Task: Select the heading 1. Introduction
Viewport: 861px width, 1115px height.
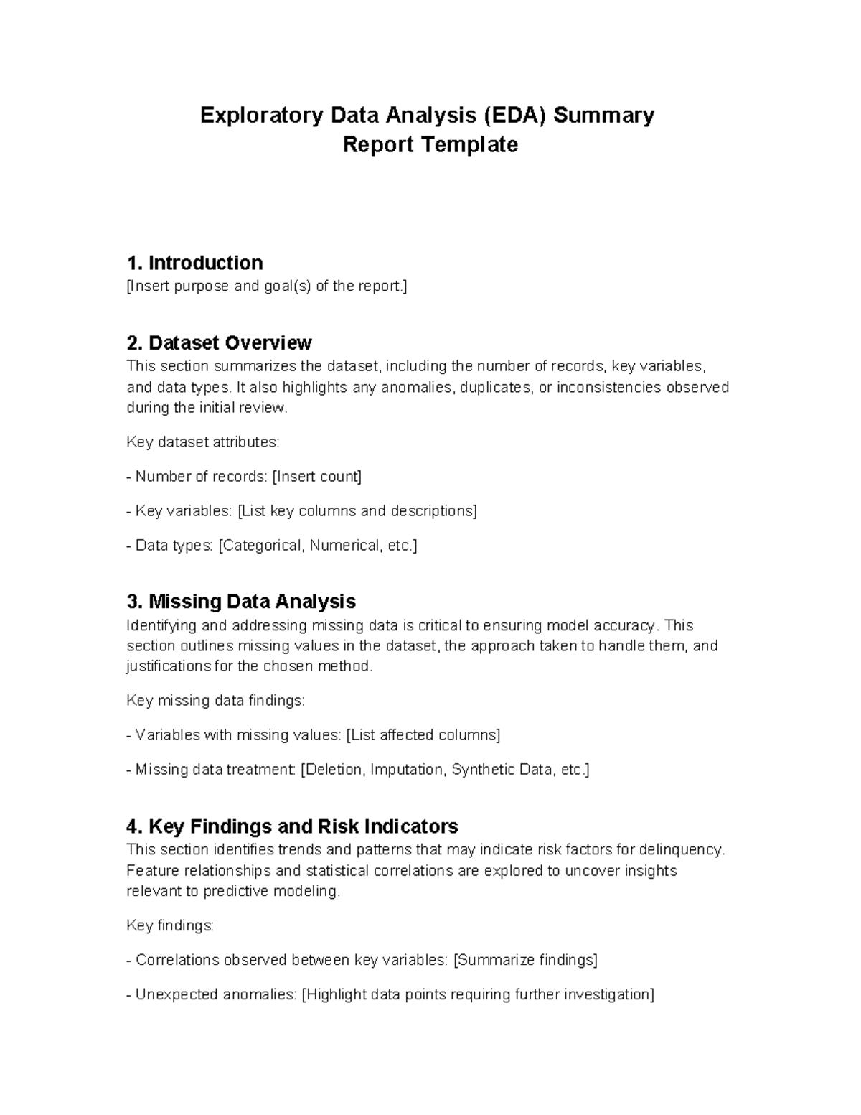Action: [194, 262]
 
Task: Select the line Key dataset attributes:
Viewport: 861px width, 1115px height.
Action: [202, 442]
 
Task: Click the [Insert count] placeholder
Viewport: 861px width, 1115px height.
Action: [317, 477]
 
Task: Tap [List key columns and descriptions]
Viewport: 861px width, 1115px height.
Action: [357, 511]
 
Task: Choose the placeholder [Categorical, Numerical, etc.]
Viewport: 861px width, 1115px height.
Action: [317, 546]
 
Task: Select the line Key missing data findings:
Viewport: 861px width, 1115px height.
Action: [215, 701]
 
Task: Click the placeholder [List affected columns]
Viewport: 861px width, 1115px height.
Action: [423, 735]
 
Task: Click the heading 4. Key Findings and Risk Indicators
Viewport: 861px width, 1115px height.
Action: [292, 826]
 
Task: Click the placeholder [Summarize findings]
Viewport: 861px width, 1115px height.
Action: [526, 960]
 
